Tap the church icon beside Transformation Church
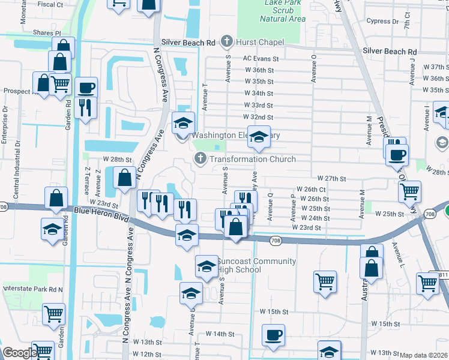[199, 158]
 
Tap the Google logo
[19, 353]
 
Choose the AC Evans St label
[261, 59]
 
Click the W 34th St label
[259, 94]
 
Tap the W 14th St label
[219, 334]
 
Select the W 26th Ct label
[310, 189]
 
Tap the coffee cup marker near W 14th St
[273, 335]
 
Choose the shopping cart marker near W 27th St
[409, 191]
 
